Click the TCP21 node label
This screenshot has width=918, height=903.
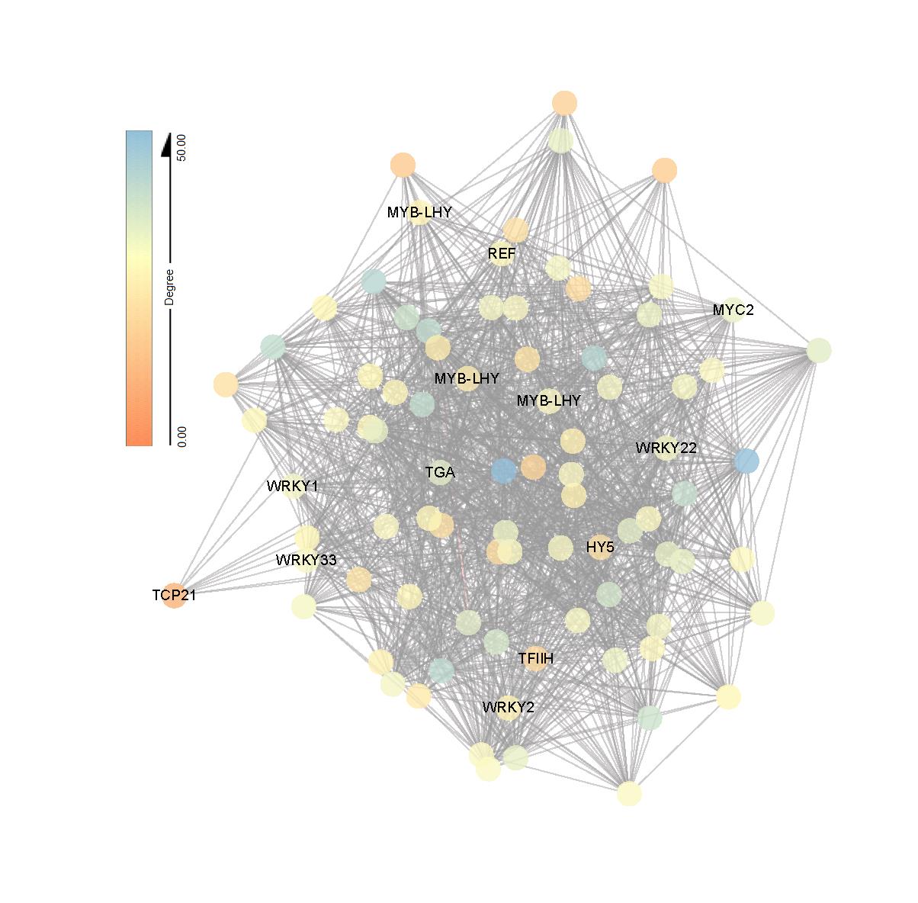[174, 596]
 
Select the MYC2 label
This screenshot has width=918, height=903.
[733, 310]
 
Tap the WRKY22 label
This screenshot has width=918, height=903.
[666, 448]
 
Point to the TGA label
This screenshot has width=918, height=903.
[440, 473]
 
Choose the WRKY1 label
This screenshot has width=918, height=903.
[292, 486]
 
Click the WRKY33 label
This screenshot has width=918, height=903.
[306, 561]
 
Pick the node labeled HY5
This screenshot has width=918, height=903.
[600, 547]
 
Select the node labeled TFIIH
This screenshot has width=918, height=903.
[537, 658]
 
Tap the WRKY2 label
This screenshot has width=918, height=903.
[508, 708]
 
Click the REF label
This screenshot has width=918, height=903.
[502, 254]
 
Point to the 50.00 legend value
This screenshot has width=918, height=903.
[181, 146]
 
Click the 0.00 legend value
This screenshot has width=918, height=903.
[181, 435]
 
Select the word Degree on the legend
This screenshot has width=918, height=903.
[169, 287]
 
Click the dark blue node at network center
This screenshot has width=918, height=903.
[503, 471]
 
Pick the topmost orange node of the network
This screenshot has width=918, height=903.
[564, 103]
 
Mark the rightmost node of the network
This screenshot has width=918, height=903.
[818, 351]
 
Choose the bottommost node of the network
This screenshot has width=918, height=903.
[629, 793]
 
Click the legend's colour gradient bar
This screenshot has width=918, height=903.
[139, 288]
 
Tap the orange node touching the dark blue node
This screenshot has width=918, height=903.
[533, 467]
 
